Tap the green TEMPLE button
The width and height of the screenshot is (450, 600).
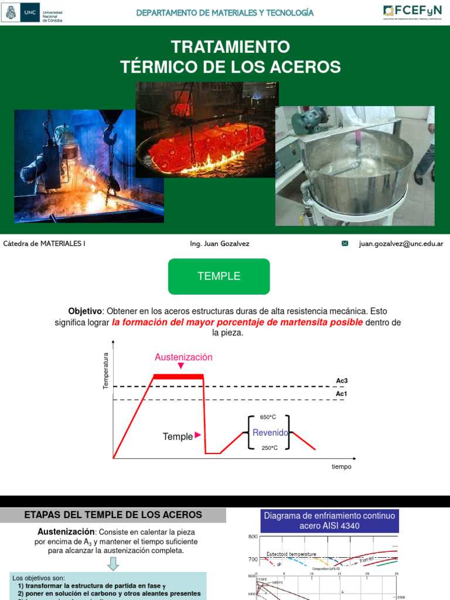pyautogui.click(x=219, y=277)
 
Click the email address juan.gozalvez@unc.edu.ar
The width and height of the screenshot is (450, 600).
pyautogui.click(x=401, y=244)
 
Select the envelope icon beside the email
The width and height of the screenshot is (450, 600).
pyautogui.click(x=345, y=244)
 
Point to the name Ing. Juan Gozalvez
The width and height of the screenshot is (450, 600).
pyautogui.click(x=220, y=244)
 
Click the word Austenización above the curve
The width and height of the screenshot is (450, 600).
pyautogui.click(x=183, y=357)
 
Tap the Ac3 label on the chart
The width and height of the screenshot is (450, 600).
pyautogui.click(x=342, y=381)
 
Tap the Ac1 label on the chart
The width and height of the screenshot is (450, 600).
pyautogui.click(x=342, y=394)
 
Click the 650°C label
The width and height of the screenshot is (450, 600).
pyautogui.click(x=268, y=417)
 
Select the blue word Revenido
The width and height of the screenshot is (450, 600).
pyautogui.click(x=270, y=432)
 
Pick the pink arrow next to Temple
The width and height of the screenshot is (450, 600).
pyautogui.click(x=197, y=435)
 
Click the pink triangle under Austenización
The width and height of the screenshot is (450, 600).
pyautogui.click(x=181, y=366)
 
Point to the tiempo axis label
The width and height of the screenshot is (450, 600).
pyautogui.click(x=341, y=466)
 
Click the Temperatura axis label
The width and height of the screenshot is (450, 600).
pyautogui.click(x=106, y=370)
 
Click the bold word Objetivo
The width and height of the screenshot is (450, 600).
pyautogui.click(x=85, y=311)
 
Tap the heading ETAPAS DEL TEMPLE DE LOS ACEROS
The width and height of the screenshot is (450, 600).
pyautogui.click(x=113, y=515)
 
